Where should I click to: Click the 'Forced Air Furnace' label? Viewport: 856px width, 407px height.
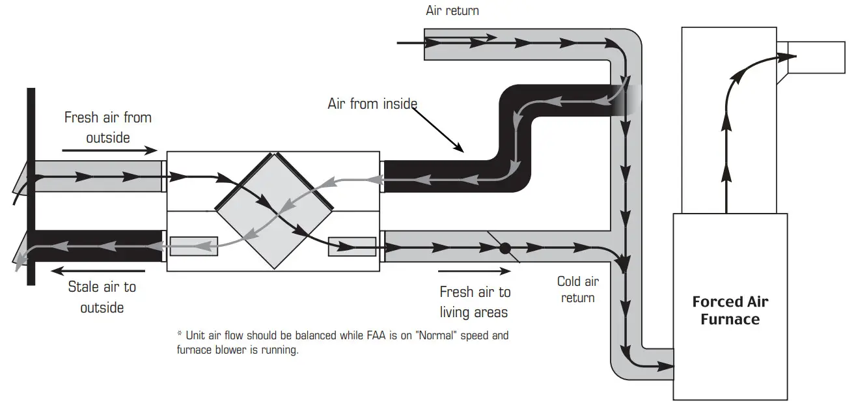coord(730,311)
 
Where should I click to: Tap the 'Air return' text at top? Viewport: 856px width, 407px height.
coord(452,10)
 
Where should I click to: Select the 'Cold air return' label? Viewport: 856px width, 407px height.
coord(577,289)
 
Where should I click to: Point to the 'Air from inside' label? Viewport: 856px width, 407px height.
coord(372,104)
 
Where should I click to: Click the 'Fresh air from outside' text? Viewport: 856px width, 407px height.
coord(107,127)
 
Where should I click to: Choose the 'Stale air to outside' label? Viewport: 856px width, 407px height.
coord(102,297)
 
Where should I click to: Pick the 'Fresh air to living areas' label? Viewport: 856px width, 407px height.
coord(475,302)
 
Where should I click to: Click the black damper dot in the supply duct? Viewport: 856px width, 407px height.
coord(504,248)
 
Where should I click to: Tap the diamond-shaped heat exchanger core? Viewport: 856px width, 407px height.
coord(274,210)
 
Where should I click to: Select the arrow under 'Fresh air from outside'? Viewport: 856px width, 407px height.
coord(110,150)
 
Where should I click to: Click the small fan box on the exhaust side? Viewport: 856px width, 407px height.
coord(193,246)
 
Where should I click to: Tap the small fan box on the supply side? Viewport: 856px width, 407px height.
coord(352,247)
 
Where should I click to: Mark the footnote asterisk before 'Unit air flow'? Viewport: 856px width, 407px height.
coord(180,335)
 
